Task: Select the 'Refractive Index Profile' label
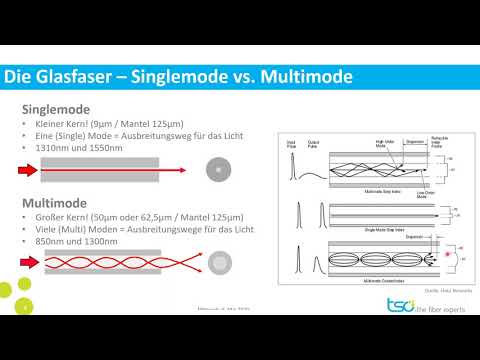[438, 141]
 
